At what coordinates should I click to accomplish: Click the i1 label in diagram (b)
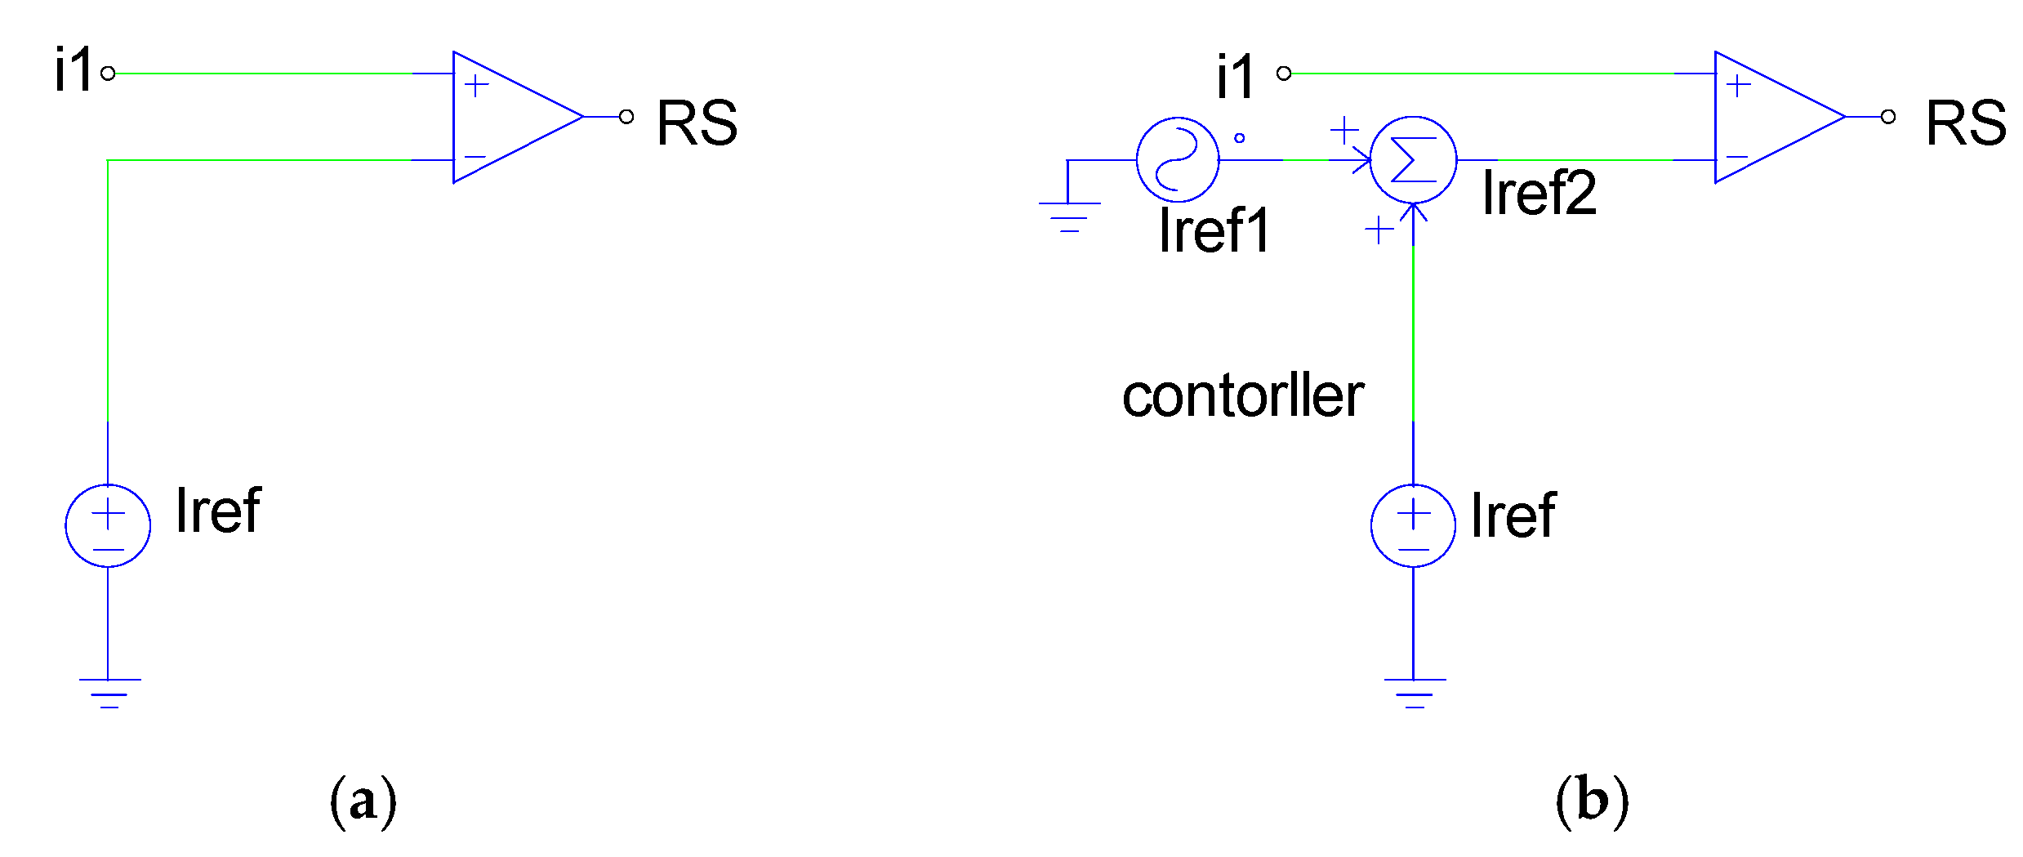tap(1234, 78)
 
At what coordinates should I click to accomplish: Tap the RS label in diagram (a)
tap(697, 123)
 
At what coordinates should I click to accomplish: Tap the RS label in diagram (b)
tap(1966, 123)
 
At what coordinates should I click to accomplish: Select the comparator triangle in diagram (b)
tap(1769, 117)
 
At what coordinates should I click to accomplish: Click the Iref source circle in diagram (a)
tap(108, 525)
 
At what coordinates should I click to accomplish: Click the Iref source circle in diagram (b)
tap(1413, 525)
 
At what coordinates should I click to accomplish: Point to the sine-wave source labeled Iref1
tap(1177, 159)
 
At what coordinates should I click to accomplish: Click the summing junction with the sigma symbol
tap(1413, 159)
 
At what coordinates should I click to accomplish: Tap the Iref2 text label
tap(1539, 193)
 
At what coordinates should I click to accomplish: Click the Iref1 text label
tap(1214, 230)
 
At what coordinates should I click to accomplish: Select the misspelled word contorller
tap(1242, 396)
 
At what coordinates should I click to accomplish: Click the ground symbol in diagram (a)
tap(109, 692)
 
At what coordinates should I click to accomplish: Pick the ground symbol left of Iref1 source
tap(1069, 216)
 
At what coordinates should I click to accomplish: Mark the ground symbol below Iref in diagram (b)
tap(1415, 692)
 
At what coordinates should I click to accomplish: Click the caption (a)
tap(363, 801)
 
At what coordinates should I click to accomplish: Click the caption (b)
tap(1592, 801)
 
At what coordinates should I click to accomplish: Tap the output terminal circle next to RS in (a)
tap(626, 117)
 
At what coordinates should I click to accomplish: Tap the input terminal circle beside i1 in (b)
tap(1284, 74)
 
